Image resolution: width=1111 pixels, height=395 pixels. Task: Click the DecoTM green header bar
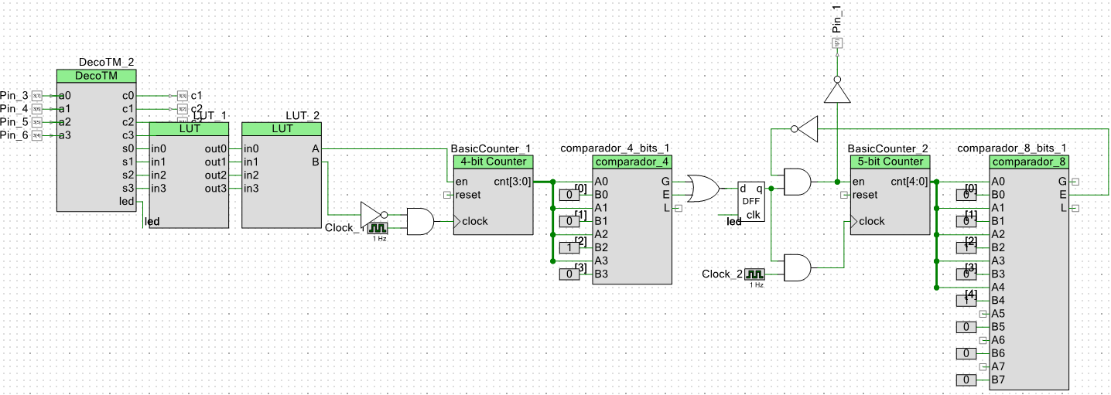[96, 76]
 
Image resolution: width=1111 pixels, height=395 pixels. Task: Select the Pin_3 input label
[14, 95]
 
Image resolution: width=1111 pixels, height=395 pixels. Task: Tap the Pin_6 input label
[14, 135]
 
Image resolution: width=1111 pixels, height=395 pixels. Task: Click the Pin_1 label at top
[836, 18]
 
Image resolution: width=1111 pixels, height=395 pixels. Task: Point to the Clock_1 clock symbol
[378, 228]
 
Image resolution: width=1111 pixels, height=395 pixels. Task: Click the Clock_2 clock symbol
[754, 274]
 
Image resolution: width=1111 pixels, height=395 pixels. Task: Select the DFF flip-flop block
[750, 202]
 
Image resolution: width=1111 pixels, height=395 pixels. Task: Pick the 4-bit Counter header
[494, 162]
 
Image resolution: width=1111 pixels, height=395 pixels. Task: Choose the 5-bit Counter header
[891, 162]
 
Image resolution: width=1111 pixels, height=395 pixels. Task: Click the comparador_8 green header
[1028, 162]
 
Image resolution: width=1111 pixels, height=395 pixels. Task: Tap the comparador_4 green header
[632, 162]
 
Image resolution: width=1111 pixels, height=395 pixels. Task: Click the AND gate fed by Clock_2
[798, 268]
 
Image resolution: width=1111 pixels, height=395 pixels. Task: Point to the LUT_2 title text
[303, 116]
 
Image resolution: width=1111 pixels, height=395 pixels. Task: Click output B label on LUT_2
[315, 162]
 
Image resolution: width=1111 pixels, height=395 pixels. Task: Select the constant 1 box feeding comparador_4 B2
[569, 247]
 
